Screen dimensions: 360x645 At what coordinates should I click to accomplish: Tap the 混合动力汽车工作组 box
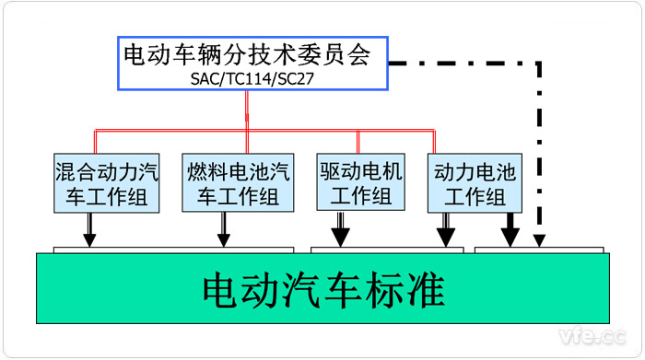click(104, 183)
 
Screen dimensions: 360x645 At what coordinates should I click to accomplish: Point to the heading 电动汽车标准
click(324, 292)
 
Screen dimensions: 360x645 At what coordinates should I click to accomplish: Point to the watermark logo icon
click(551, 333)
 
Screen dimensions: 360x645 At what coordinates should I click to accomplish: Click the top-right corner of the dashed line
click(540, 64)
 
